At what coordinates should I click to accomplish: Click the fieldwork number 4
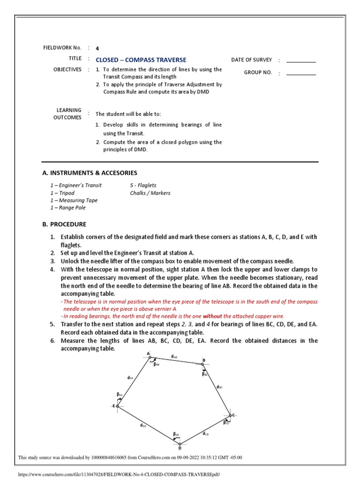click(97, 48)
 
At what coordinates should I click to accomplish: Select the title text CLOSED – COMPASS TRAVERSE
click(141, 60)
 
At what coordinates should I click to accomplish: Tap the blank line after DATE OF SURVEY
click(301, 61)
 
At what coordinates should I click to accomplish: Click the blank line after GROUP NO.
click(301, 74)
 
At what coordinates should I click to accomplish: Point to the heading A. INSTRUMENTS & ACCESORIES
click(90, 173)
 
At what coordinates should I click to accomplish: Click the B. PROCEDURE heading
click(64, 224)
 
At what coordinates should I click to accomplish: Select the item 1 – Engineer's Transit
click(76, 185)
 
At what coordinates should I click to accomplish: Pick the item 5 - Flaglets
click(143, 185)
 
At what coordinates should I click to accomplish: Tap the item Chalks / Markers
click(150, 193)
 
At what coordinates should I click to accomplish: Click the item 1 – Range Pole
click(68, 208)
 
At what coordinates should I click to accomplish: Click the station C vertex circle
click(230, 415)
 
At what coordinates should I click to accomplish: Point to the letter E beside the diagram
click(113, 406)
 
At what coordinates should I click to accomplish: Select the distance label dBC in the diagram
click(219, 387)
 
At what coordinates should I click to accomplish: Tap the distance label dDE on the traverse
click(142, 425)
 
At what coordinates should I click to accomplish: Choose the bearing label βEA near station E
click(120, 395)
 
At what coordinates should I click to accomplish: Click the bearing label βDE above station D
click(176, 434)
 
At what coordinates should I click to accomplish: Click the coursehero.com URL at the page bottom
click(118, 474)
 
